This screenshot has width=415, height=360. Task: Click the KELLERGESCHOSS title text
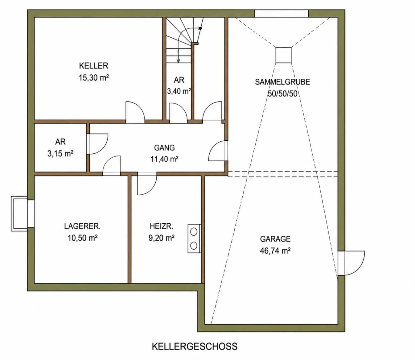click(x=194, y=346)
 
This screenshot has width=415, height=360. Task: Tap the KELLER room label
click(x=93, y=66)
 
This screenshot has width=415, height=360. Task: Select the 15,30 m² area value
click(x=93, y=78)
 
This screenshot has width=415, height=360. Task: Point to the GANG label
click(x=164, y=148)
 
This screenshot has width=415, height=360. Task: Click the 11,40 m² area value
click(x=165, y=159)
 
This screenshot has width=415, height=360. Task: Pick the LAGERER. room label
click(x=82, y=226)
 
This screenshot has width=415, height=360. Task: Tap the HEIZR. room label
click(x=161, y=226)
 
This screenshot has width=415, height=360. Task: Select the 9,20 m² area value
click(x=161, y=238)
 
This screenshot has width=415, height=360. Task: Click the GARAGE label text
click(x=275, y=239)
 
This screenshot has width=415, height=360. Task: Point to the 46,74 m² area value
click(x=275, y=251)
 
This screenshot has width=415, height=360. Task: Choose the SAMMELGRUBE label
click(x=283, y=82)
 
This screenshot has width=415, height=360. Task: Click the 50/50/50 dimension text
click(x=283, y=94)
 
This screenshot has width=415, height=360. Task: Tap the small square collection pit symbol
click(x=283, y=55)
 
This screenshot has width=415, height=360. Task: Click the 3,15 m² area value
click(x=60, y=154)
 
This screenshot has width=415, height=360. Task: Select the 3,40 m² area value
click(x=179, y=91)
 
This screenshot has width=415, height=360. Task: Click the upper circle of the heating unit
click(x=193, y=232)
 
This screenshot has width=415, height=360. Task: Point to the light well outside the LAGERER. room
click(x=19, y=214)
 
